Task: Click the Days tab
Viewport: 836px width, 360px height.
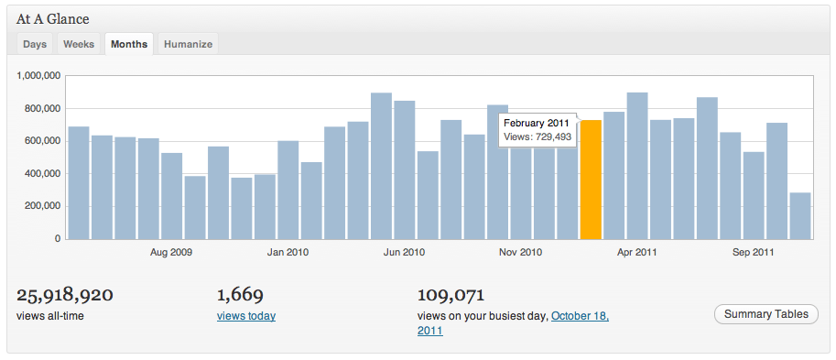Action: tap(35, 44)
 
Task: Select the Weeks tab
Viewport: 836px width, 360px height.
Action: tap(79, 44)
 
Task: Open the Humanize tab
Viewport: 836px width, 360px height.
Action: tap(188, 44)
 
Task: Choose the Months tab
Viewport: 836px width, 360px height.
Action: tap(129, 44)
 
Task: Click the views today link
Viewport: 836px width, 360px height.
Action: tap(246, 316)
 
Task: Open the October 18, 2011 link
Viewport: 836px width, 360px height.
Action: tap(580, 316)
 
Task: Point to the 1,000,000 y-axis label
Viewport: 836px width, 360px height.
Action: tap(38, 76)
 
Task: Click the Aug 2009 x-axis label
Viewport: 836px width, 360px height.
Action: tap(171, 252)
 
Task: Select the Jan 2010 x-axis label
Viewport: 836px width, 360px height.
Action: tap(288, 252)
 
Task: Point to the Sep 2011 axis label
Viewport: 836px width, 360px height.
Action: tap(753, 252)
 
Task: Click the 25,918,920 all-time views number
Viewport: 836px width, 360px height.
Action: tap(65, 295)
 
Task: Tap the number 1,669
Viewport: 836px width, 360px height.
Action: tap(240, 295)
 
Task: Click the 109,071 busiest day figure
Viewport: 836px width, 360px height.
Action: tap(450, 295)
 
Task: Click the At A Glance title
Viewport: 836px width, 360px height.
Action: tap(53, 18)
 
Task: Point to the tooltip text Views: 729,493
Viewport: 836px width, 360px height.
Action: tap(537, 137)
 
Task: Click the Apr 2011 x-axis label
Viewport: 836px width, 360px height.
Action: tap(636, 252)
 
